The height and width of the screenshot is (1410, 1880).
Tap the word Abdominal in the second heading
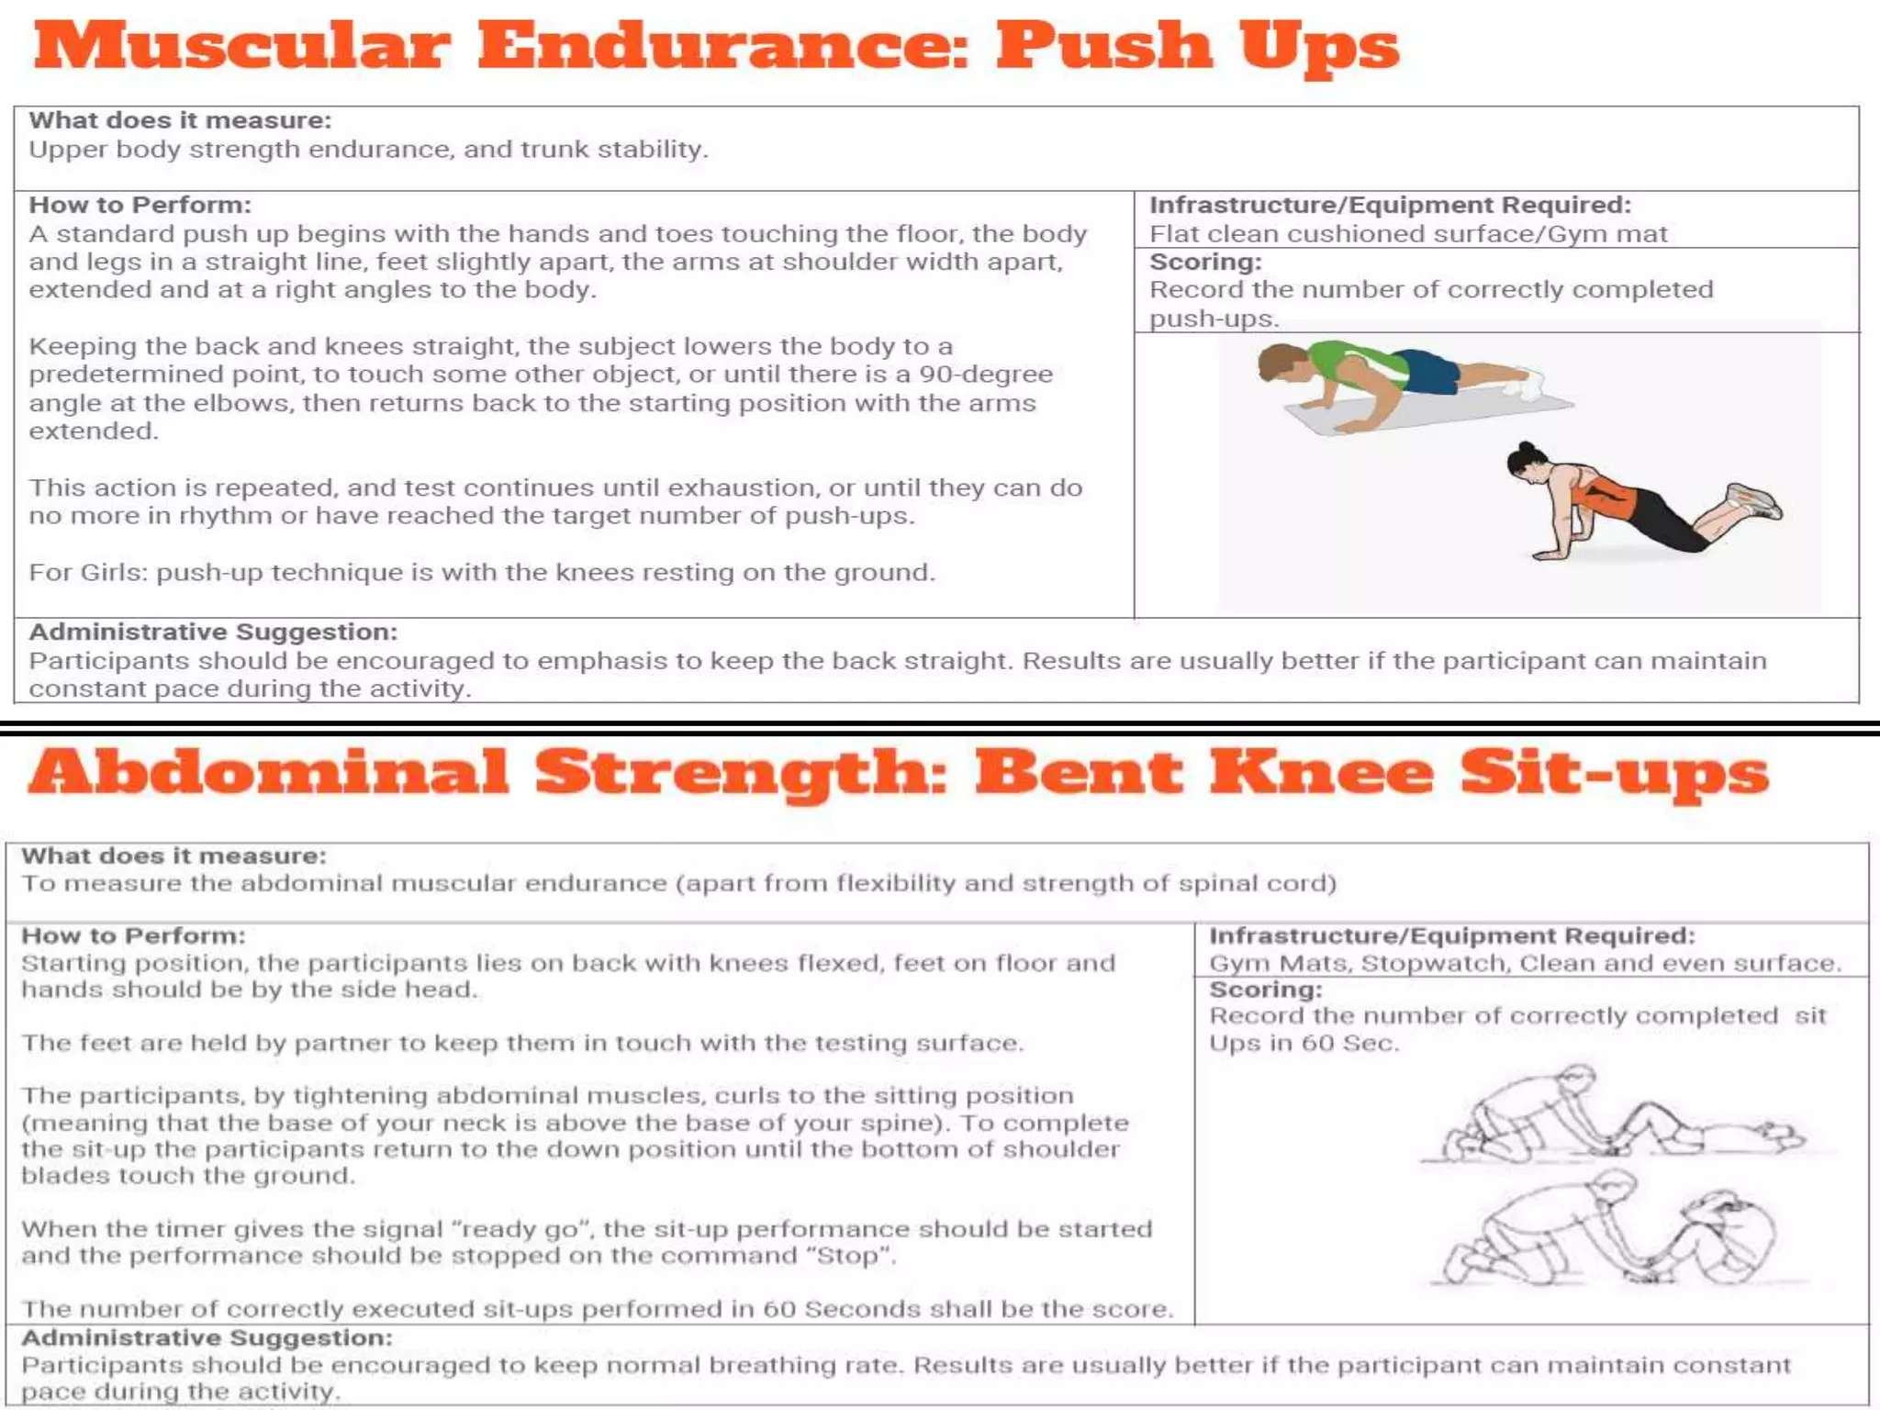pos(268,772)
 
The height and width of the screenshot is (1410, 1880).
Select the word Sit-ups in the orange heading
pos(1614,774)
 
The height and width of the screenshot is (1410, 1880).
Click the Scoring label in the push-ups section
pos(1205,263)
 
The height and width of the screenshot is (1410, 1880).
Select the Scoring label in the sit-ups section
pos(1265,990)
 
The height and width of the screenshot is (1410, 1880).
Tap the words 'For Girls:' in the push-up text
pos(88,572)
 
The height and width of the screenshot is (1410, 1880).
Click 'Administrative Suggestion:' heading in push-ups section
pos(213,632)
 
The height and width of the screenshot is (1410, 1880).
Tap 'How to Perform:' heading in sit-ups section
pos(133,935)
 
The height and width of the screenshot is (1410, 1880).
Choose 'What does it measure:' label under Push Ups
pos(180,120)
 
